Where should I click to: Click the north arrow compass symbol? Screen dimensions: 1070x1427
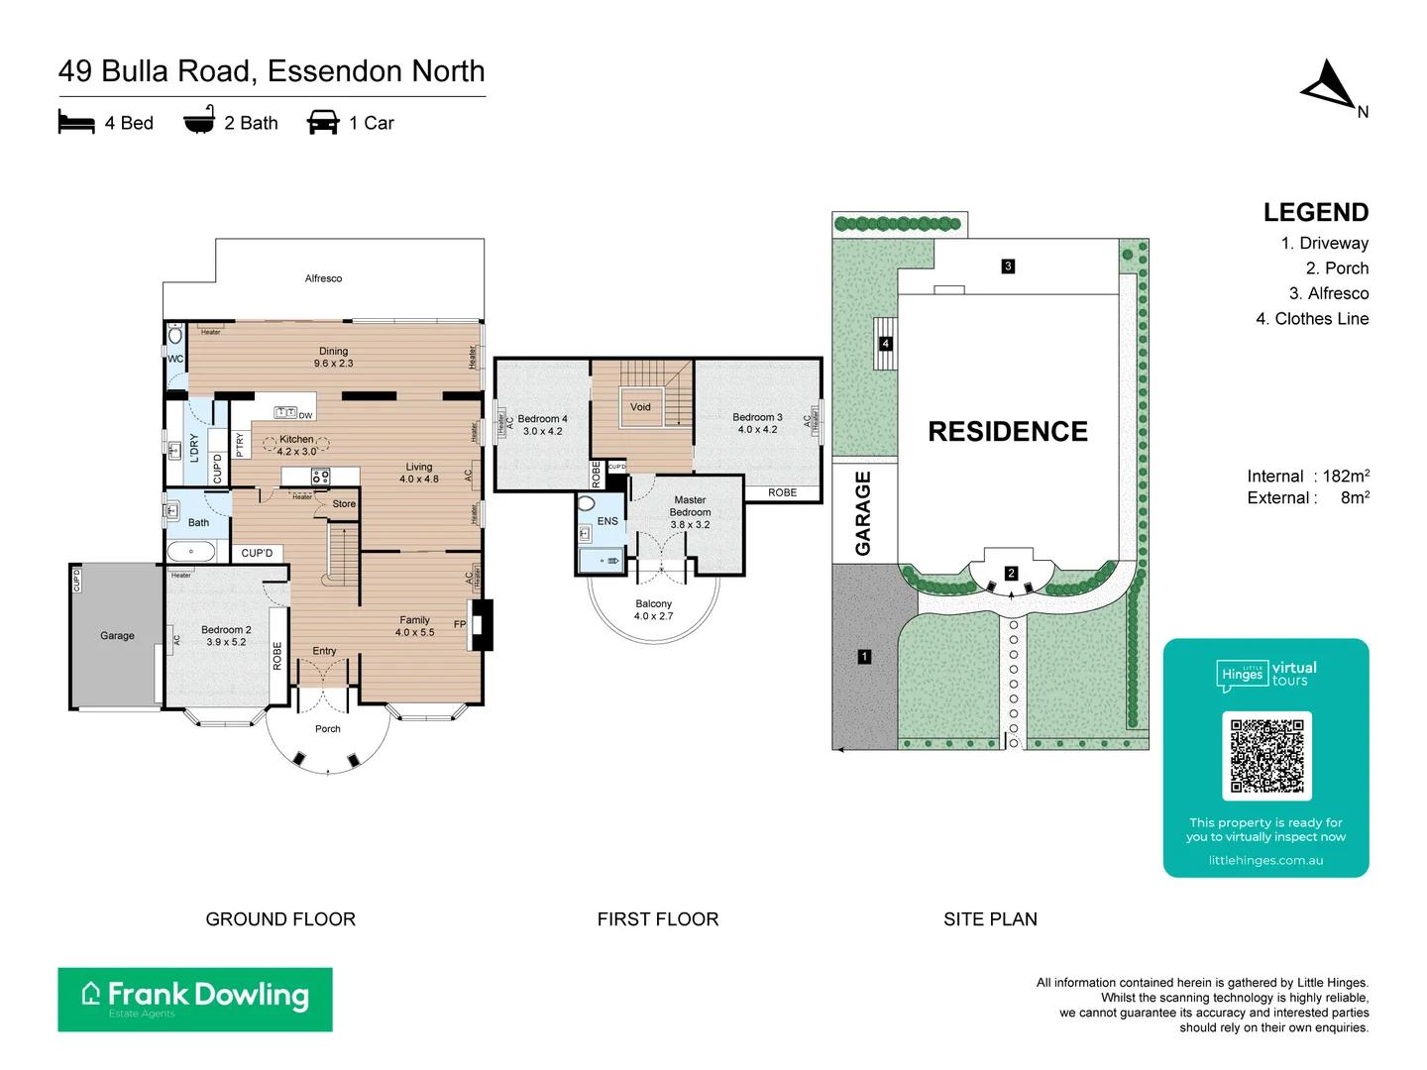tap(1330, 85)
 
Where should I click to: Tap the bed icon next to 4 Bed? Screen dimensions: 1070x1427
tap(76, 123)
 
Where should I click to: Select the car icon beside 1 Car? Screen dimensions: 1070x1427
tap(323, 123)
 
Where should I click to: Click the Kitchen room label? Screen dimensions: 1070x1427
tap(296, 439)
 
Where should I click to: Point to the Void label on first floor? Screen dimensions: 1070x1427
tap(640, 407)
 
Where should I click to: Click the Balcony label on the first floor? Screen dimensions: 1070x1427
tap(653, 603)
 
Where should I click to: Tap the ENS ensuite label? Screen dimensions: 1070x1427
tap(607, 521)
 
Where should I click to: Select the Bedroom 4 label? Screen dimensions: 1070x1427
tap(542, 419)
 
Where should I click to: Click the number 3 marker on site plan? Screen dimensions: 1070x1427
tap(1008, 266)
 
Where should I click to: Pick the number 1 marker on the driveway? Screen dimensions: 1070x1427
tap(864, 657)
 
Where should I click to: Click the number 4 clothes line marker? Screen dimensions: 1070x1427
tap(885, 344)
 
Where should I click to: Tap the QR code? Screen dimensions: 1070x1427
tap(1266, 755)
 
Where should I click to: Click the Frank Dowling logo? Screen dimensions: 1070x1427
tap(195, 999)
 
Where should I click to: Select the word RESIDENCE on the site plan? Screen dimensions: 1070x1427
tap(1008, 432)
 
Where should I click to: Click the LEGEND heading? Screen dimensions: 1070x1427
tap(1315, 213)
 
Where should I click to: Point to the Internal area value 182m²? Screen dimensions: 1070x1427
tap(1345, 477)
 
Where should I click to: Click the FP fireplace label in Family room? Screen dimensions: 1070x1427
tap(460, 624)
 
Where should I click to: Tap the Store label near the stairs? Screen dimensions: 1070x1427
tap(344, 504)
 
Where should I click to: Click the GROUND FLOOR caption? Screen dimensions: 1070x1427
tap(280, 919)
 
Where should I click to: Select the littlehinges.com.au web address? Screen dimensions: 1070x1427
tap(1265, 860)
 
